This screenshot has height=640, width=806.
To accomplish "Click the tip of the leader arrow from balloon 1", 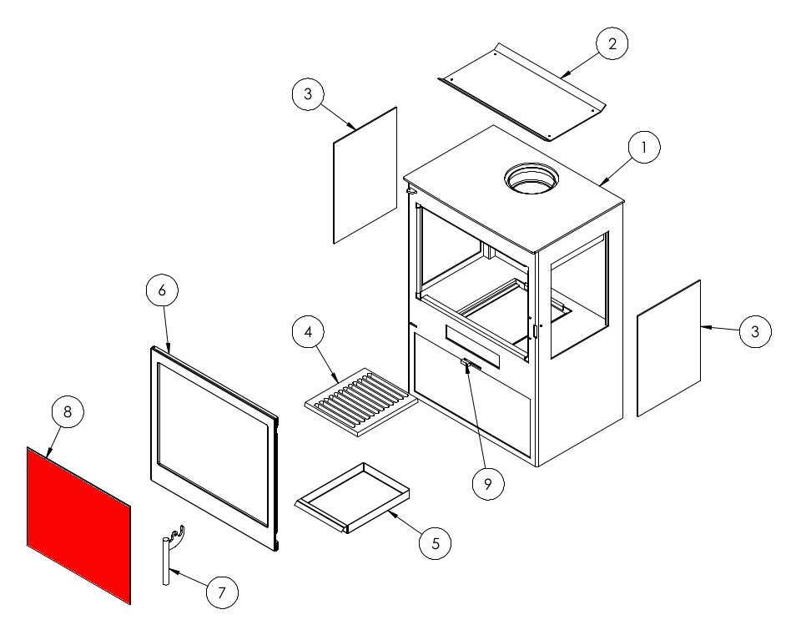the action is (600, 185).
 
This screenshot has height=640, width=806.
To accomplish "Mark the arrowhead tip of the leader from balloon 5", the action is (388, 511).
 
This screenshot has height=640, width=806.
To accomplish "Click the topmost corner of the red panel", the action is (28, 446).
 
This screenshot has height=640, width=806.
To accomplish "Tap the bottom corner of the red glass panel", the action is (130, 604).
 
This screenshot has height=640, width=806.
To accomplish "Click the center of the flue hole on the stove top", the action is (532, 179).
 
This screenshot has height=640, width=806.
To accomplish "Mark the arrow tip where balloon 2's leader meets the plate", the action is (561, 78).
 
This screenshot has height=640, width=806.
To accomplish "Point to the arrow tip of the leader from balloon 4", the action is (340, 382).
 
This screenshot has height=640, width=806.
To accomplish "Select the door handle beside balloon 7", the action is (172, 555).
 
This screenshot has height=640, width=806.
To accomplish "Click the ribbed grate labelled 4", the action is (362, 401).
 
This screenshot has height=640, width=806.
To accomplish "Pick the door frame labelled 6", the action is (214, 448).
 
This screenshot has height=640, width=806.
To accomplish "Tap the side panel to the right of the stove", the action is (669, 348).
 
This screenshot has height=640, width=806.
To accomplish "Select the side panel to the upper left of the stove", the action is (365, 175).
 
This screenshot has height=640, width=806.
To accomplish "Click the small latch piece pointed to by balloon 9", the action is (466, 363).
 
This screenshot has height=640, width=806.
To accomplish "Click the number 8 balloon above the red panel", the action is (68, 411).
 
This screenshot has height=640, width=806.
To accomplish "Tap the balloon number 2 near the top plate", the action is (612, 43).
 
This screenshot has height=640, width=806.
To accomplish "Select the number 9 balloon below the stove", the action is (488, 484).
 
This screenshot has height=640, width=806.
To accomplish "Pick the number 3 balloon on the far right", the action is (755, 331).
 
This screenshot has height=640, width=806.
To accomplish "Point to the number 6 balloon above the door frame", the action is (163, 290).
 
